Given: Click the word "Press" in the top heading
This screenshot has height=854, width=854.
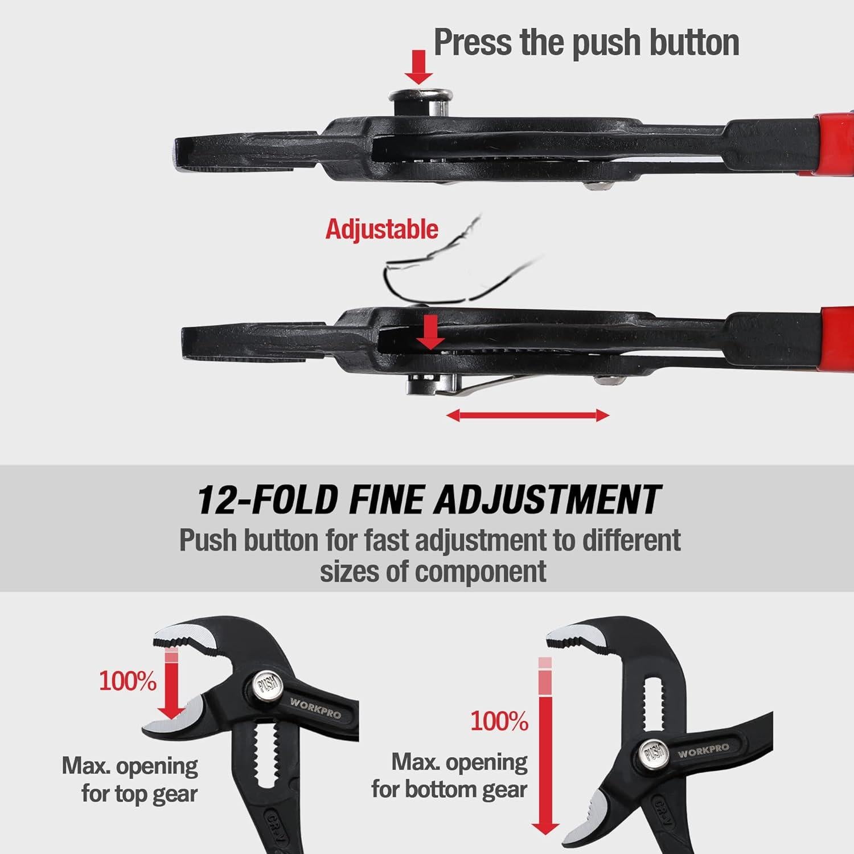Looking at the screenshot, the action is pos(473,42).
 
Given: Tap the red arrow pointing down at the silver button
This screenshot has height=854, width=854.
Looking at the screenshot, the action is pos(419,67).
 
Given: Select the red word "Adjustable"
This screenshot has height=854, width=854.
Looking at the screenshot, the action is pos(381,229).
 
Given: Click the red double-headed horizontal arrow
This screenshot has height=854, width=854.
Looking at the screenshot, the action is pos(528,416).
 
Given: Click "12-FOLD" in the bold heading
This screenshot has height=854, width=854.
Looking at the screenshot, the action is pos(267,499).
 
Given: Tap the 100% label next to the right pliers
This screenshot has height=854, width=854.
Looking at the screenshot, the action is pos(499,721).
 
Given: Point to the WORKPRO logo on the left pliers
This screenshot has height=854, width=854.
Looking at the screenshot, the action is pos(316,707).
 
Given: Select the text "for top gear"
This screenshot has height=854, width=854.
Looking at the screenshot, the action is pos(139,793).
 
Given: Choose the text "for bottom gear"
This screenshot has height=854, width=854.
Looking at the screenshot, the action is pos(449,790).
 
